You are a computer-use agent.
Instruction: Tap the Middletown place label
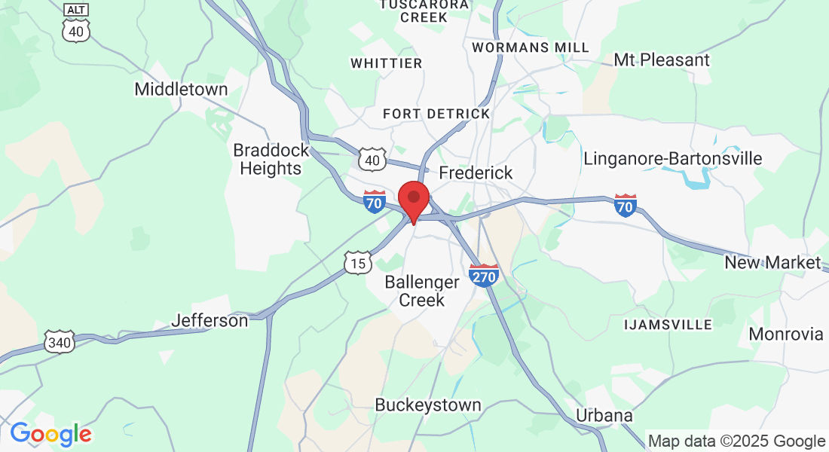click(181, 89)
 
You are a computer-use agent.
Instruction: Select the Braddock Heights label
click(271, 159)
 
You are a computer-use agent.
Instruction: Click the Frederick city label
click(476, 173)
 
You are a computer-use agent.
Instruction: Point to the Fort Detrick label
click(436, 114)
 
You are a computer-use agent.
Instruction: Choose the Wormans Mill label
click(531, 47)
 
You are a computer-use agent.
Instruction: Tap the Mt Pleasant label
click(662, 60)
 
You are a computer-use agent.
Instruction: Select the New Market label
click(772, 262)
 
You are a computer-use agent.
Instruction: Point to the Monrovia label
click(786, 334)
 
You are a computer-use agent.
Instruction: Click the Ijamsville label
click(668, 325)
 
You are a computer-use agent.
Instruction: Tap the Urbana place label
click(604, 415)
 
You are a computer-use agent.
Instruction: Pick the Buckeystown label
click(428, 405)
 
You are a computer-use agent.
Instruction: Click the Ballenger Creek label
click(422, 291)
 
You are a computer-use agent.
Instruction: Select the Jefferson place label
click(210, 320)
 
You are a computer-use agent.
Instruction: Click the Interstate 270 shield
click(484, 275)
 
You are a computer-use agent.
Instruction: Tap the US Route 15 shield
click(358, 263)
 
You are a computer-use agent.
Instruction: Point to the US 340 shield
click(58, 342)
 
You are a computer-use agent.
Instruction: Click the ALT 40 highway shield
click(76, 22)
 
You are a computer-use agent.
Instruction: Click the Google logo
click(50, 434)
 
